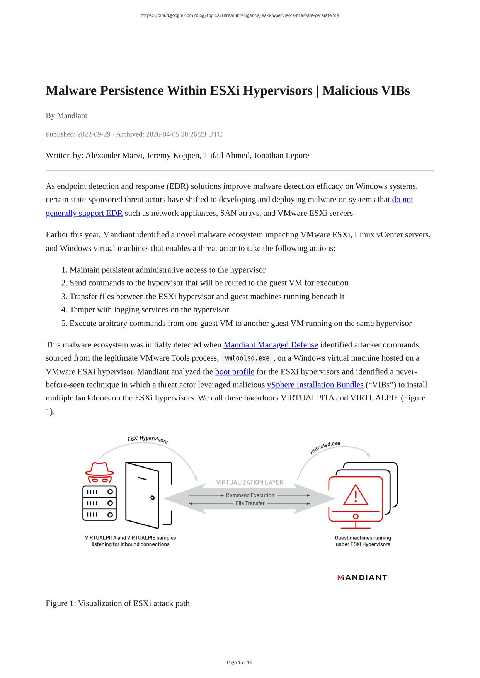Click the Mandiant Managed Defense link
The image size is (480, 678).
coord(271,345)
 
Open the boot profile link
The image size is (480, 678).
coord(235,372)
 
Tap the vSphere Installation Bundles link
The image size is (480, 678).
coord(315,385)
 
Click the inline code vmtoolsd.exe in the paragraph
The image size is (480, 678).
coord(247,358)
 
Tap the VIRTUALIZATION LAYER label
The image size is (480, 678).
coord(250,482)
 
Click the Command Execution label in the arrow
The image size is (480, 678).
coord(250,495)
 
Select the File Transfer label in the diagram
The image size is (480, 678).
coord(250,503)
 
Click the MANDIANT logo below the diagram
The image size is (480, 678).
coord(363,578)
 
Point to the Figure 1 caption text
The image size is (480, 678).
coord(117,603)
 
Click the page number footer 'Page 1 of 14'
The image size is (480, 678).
coord(240,663)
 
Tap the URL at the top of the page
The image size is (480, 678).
coord(240,15)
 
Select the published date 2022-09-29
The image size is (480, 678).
coord(94,134)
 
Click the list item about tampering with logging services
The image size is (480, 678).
coord(149,310)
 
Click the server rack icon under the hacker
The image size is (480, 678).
coord(99,503)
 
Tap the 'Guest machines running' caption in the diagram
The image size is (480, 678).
coord(363,538)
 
